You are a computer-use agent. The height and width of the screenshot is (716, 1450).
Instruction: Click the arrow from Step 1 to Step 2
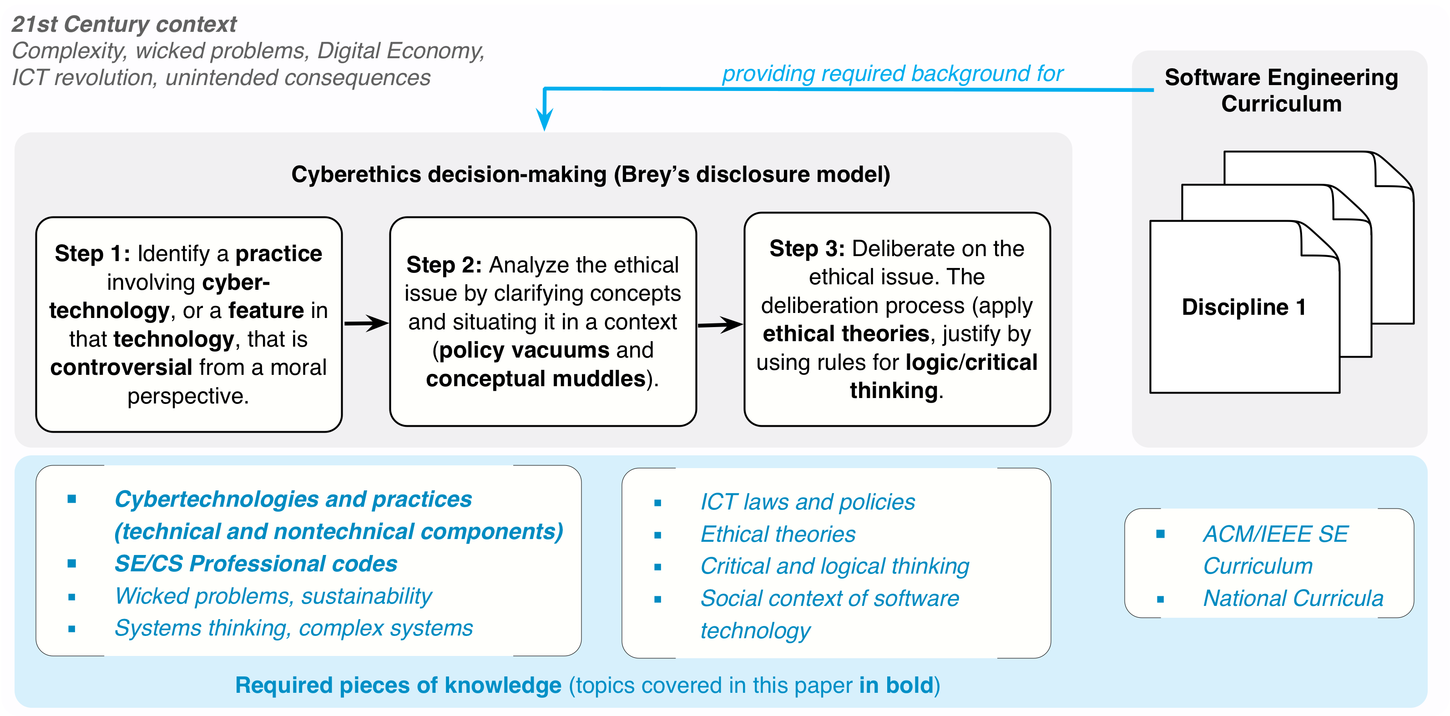tap(366, 323)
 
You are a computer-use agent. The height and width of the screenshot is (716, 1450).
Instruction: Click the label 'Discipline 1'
tap(1243, 308)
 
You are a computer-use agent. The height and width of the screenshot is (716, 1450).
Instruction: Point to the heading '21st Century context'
tap(124, 24)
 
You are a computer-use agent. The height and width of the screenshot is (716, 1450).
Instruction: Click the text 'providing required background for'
tap(892, 74)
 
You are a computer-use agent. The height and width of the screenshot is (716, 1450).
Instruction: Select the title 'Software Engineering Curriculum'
tap(1281, 91)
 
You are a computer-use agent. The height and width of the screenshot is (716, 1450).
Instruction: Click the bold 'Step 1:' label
tap(92, 254)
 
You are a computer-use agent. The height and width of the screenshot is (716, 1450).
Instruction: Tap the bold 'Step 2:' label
tap(444, 265)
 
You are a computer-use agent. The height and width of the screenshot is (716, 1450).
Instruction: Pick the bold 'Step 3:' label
tap(807, 249)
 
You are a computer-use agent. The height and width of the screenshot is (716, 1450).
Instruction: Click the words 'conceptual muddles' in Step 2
tap(536, 379)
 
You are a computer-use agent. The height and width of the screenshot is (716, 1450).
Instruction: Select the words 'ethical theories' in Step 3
tap(845, 334)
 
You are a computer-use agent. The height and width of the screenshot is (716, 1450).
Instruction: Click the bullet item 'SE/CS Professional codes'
tap(256, 564)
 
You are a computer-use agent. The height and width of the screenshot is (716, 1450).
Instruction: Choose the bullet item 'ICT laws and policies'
tap(808, 502)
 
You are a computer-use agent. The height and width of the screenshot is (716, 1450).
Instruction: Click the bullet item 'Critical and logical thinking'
tap(835, 566)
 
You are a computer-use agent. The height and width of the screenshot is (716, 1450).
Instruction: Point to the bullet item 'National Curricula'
tap(1293, 598)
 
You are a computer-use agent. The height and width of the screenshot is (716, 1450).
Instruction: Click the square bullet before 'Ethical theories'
tap(657, 535)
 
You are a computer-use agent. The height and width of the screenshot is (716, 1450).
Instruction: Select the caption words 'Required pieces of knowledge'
tap(398, 686)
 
